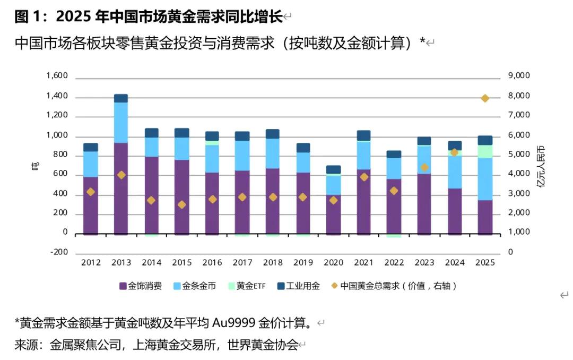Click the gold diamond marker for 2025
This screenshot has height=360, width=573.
485,98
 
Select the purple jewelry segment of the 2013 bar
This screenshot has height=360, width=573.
121,188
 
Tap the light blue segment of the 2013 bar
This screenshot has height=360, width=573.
121,122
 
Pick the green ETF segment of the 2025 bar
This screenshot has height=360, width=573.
485,151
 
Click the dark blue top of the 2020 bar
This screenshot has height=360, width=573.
333,169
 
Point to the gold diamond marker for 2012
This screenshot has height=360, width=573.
91,192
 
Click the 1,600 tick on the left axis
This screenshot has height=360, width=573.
57,76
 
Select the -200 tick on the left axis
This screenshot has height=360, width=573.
58,252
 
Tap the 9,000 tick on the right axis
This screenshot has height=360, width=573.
518,76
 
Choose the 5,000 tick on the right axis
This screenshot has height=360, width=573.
518,155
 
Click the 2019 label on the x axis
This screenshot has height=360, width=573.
303,262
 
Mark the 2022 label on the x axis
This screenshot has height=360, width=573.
394,262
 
